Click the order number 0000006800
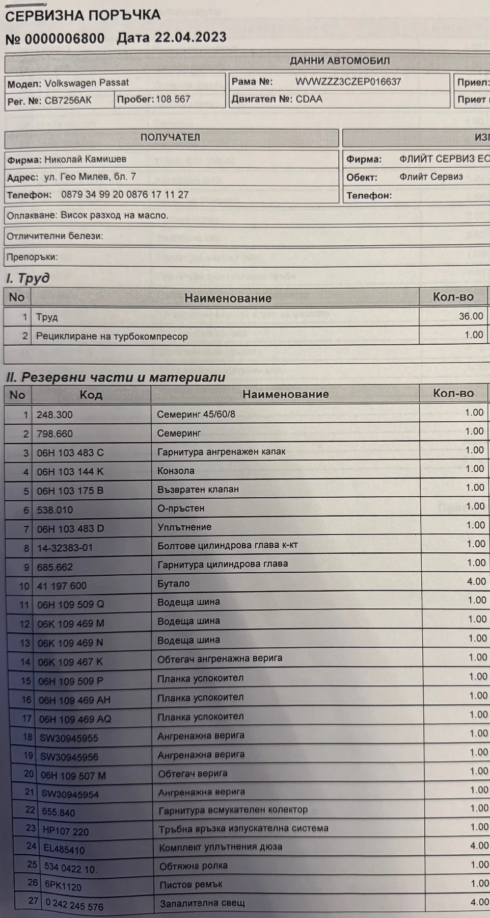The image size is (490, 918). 64,39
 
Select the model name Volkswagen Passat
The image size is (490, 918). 87,83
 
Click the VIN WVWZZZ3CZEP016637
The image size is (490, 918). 348,82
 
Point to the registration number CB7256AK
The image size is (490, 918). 68,100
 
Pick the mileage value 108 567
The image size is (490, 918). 173,99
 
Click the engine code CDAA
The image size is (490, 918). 309,99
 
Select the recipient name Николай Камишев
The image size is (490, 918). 85,159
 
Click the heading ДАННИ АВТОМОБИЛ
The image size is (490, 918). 340,61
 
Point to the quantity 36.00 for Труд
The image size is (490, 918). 471,316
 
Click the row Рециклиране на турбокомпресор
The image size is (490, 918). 112,337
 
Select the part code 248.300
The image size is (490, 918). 55,415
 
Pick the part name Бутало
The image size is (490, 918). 173,583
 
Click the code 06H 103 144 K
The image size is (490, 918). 70,472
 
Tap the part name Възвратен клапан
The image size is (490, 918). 198,490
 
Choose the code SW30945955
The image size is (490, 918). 69,738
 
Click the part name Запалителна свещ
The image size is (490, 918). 202,903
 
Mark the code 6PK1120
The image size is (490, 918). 63,886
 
